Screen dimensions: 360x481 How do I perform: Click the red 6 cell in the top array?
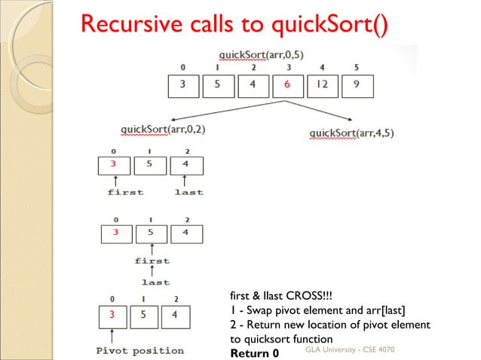click(x=287, y=84)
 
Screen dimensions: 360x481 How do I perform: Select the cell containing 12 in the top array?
click(x=322, y=84)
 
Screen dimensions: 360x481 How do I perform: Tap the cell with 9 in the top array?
click(x=357, y=84)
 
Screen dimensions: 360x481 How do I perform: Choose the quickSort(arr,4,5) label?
click(x=351, y=133)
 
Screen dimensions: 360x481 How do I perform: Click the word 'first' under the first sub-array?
click(x=125, y=192)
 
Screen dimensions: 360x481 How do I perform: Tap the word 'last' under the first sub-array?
click(x=188, y=192)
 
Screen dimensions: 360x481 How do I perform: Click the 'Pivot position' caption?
click(x=140, y=350)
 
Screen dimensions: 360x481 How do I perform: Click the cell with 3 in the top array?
click(x=183, y=84)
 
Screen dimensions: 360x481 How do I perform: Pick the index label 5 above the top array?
click(x=357, y=67)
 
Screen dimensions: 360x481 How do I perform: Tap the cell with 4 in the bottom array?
click(x=174, y=315)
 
